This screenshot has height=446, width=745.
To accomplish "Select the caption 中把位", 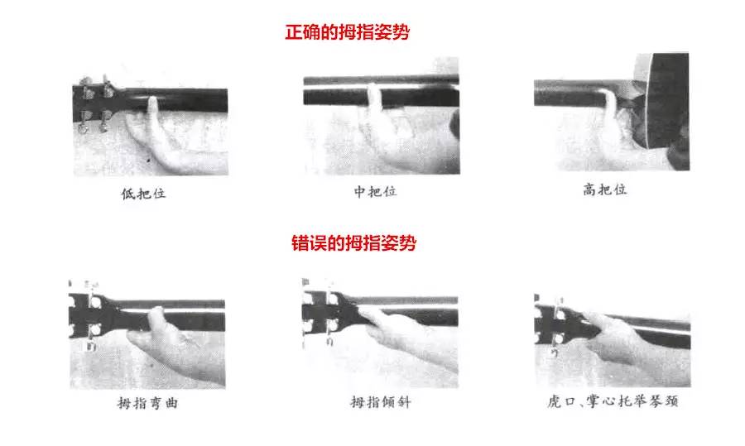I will pos(375,192).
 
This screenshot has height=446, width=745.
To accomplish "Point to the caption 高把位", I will pos(605,189).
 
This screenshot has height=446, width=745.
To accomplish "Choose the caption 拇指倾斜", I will pos(381,403).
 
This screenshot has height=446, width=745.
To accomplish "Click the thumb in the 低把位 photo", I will pos(153,111).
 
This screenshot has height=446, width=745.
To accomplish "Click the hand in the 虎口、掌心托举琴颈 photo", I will pos(617,335).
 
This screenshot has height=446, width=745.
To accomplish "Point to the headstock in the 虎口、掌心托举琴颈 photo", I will pos(555,319).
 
